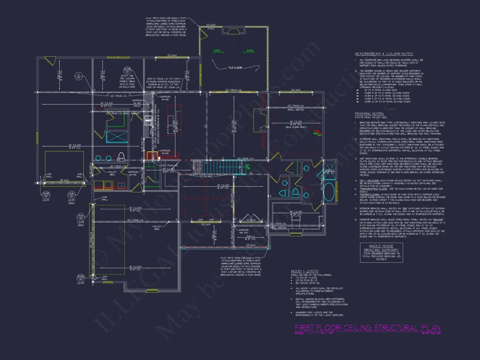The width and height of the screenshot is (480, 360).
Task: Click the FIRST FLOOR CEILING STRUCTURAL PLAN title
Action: [367, 328]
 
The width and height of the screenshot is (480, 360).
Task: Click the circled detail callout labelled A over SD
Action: [79, 76]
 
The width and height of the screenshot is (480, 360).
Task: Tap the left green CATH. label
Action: [217, 51]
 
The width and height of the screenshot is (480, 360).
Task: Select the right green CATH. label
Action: [250, 51]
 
